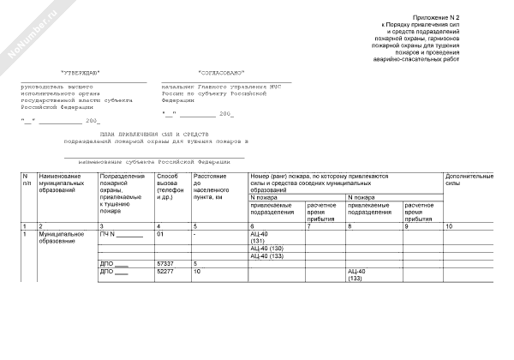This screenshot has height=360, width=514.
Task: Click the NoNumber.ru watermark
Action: (29, 29)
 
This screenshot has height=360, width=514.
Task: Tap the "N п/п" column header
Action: (27, 180)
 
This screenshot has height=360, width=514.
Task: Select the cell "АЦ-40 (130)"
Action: (265, 249)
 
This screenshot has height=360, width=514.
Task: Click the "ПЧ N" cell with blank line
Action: (121, 233)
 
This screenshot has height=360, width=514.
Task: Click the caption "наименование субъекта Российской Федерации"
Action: (154, 161)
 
